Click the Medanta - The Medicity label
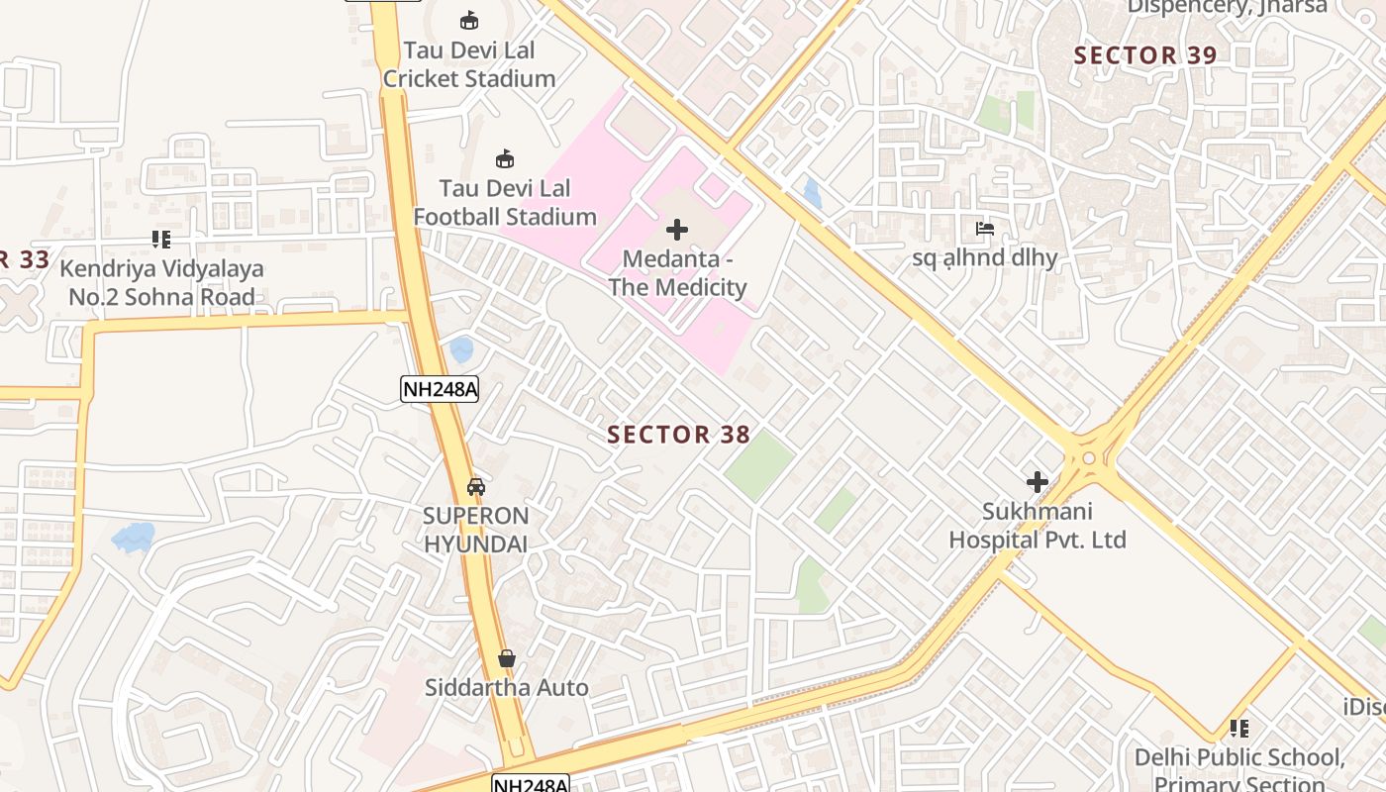[677, 273]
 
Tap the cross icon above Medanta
[677, 231]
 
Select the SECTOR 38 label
[678, 435]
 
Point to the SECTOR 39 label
[1144, 55]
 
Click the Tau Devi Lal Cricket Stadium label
[469, 64]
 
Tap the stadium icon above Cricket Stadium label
[469, 20]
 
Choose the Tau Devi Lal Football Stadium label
[505, 202]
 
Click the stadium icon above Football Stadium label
[505, 158]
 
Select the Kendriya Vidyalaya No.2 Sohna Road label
[161, 282]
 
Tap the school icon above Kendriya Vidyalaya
[161, 239]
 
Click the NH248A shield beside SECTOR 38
[440, 389]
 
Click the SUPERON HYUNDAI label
[476, 530]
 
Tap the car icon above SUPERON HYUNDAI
[476, 487]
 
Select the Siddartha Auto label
[507, 687]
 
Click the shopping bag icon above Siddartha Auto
[507, 658]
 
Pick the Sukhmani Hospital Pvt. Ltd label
[1038, 526]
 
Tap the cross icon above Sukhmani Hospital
[1038, 482]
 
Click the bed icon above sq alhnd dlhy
[984, 229]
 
